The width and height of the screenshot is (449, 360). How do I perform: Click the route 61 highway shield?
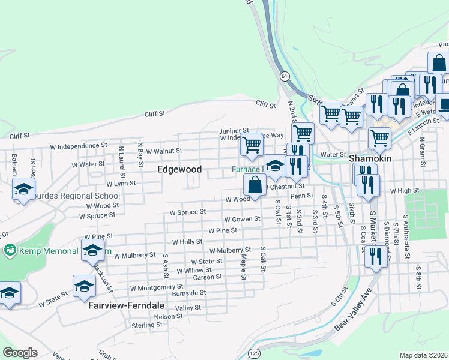tap(285, 76)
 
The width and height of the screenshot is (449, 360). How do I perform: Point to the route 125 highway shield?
tap(255, 353)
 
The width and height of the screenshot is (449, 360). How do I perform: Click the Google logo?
tap(20, 353)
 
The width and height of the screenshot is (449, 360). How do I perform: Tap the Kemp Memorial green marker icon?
tap(10, 249)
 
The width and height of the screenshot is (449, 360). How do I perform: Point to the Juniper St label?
tap(234, 130)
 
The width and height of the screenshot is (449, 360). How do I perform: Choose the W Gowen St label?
tap(242, 220)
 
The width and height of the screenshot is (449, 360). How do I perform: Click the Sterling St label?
tap(148, 325)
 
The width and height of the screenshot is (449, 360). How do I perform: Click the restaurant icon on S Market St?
tap(376, 256)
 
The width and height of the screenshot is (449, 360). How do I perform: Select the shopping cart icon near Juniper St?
tap(252, 144)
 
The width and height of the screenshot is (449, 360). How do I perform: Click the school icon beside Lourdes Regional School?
tap(24, 189)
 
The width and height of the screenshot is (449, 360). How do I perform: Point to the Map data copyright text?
tap(424, 355)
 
